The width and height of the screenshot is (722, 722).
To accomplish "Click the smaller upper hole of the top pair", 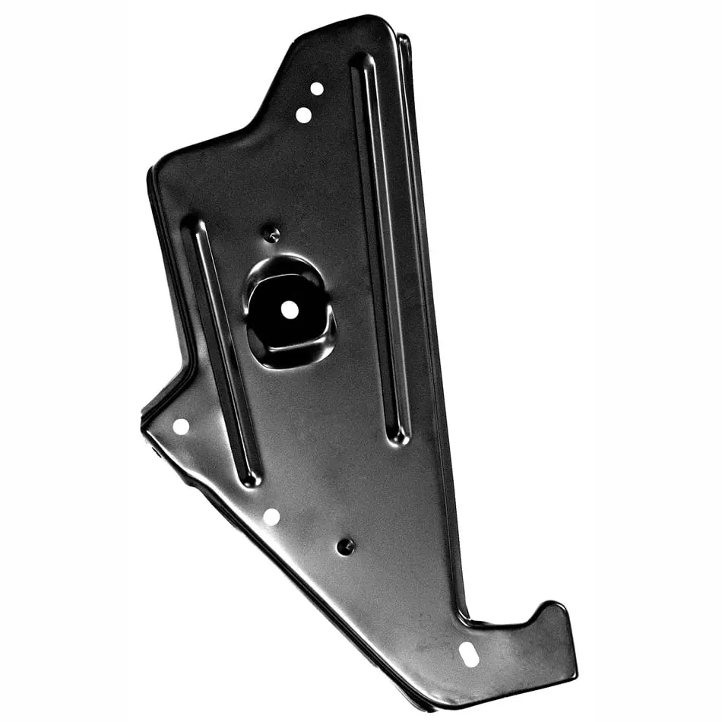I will click(x=317, y=88).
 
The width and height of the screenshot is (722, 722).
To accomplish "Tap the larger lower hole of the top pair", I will click(x=303, y=115).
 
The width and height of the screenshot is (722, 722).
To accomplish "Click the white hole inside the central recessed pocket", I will click(x=289, y=309).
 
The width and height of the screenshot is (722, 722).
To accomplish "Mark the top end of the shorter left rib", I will click(x=195, y=226).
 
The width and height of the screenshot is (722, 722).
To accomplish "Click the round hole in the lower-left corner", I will click(x=181, y=426).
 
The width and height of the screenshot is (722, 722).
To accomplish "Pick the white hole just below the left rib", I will click(x=271, y=517).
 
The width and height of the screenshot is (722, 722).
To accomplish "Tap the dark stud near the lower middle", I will click(x=346, y=546).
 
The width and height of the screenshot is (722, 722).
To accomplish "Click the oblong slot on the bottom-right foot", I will click(x=470, y=654).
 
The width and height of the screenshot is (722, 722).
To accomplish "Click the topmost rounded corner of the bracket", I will click(x=372, y=18).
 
